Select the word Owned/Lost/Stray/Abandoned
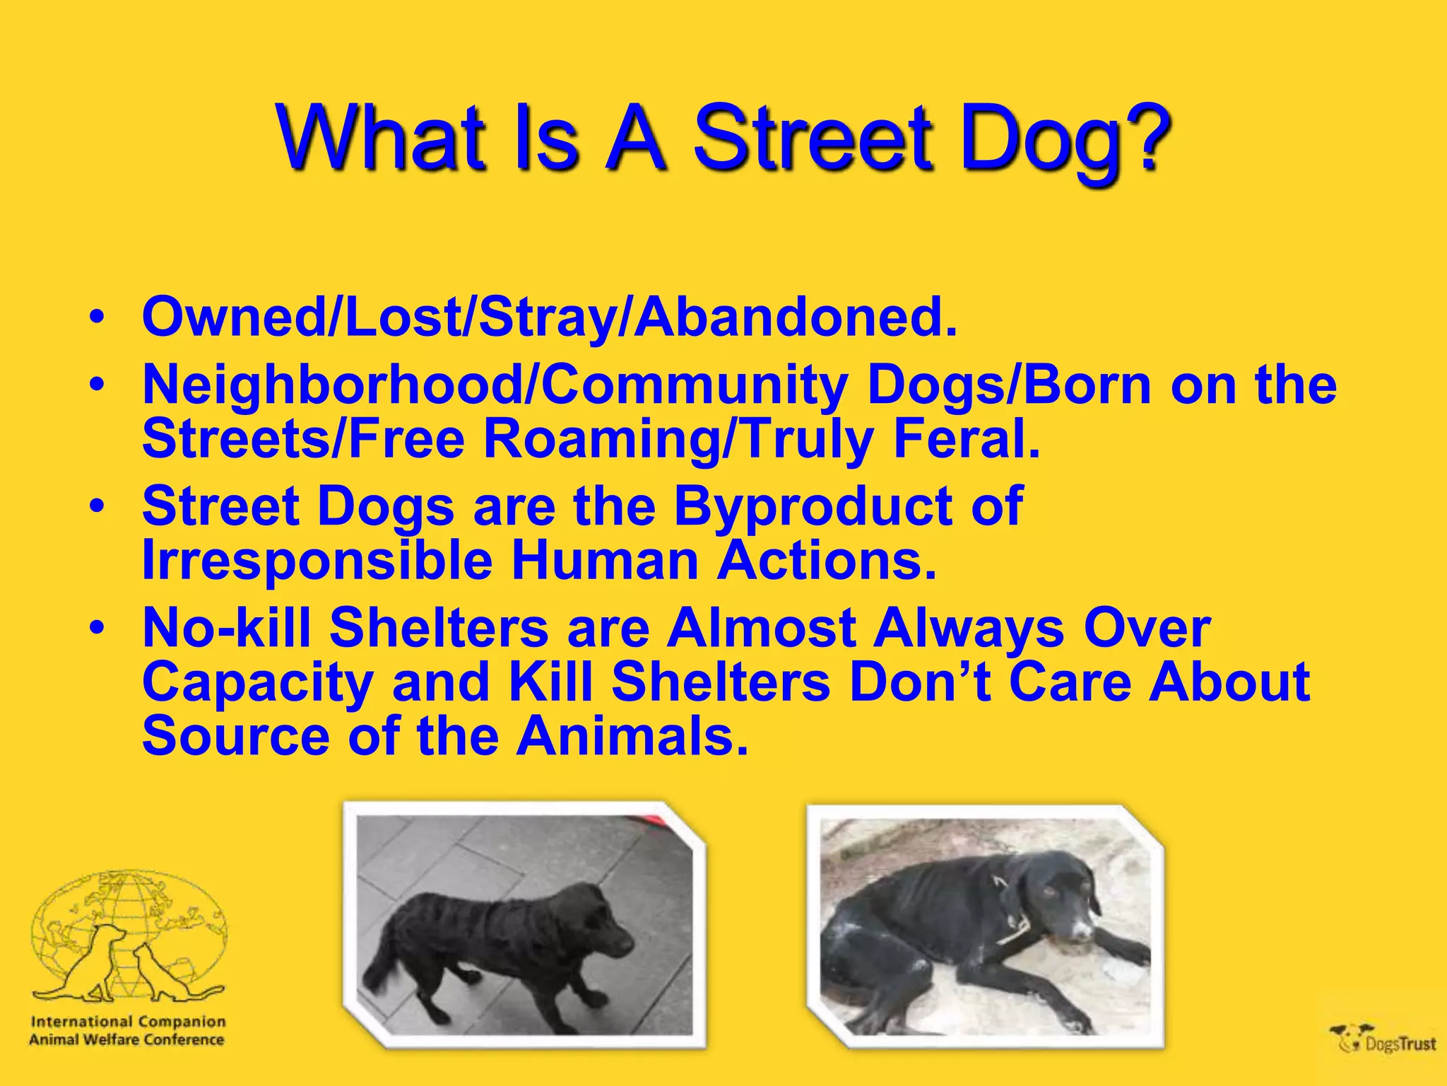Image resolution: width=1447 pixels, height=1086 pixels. click(x=549, y=317)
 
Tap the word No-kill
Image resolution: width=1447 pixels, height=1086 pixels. click(x=226, y=628)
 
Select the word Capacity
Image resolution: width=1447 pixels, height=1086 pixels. click(x=257, y=682)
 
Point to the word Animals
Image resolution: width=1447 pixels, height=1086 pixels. click(x=631, y=737)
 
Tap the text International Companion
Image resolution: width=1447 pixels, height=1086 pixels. click(x=128, y=1022)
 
